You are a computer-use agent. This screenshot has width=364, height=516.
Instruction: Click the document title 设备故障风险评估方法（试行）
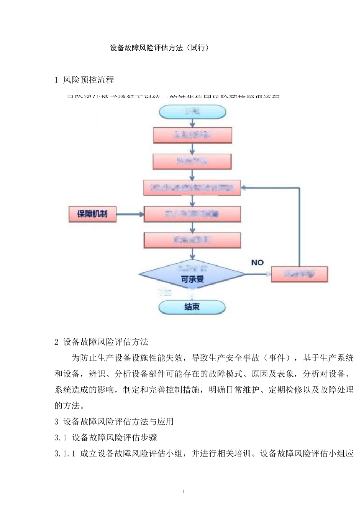[159, 48]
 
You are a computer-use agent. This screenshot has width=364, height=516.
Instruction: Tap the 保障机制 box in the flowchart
[92, 214]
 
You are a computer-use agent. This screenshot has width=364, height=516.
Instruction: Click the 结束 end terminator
[192, 307]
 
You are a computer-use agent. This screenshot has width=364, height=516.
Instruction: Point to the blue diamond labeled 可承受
[192, 275]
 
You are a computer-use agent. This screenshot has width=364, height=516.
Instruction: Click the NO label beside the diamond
[257, 263]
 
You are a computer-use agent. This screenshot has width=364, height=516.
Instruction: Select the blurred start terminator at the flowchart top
[192, 112]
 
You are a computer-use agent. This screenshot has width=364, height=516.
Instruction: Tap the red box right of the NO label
[299, 275]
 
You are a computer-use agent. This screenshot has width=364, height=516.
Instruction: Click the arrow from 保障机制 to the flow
[130, 214]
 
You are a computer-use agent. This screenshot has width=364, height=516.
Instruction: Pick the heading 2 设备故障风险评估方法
[101, 342]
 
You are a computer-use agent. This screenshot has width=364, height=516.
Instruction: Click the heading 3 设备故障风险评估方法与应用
[114, 422]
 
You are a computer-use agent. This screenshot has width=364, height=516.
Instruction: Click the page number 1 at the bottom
[184, 492]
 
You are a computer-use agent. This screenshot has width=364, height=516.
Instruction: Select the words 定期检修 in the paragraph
[285, 390]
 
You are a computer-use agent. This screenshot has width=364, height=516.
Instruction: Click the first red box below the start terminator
[192, 135]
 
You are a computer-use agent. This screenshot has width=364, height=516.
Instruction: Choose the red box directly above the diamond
[192, 240]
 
